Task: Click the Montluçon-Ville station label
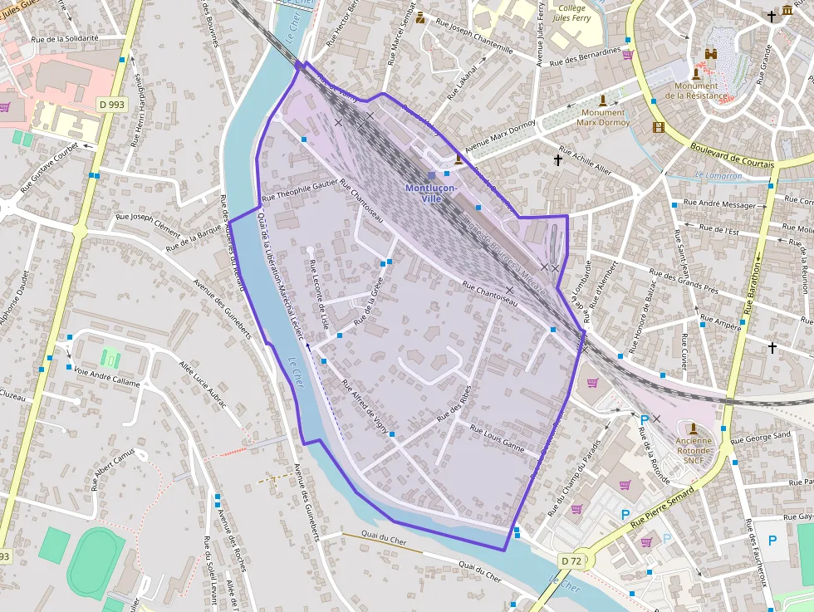click(x=431, y=193)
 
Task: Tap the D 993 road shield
click(x=110, y=105)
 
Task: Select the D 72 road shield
click(x=571, y=561)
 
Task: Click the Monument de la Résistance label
click(x=696, y=91)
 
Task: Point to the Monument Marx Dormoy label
click(x=604, y=117)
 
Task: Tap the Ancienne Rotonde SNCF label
click(x=694, y=448)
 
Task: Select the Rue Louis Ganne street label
click(x=498, y=438)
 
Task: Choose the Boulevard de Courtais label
click(x=732, y=154)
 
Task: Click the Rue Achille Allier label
click(x=586, y=161)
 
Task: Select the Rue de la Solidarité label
click(x=64, y=38)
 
